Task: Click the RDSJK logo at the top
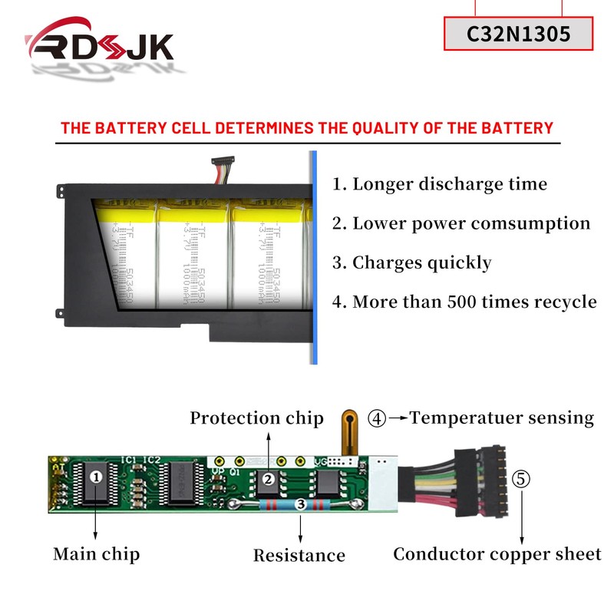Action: point(100,50)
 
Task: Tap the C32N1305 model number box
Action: point(520,34)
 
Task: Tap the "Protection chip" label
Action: point(257,418)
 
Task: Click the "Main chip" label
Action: point(96,553)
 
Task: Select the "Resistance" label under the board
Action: point(299,555)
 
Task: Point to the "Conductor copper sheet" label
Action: point(497,554)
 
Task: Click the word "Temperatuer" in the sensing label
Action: point(456,418)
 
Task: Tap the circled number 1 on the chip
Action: point(96,477)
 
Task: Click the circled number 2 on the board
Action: point(269,480)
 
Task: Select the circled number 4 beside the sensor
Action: point(377,418)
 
